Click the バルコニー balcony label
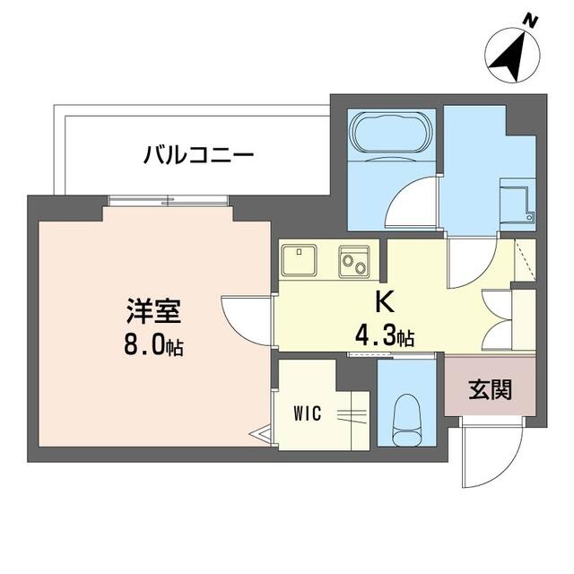coord(198,155)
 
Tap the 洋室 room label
coord(154,311)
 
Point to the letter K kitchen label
coord(386,302)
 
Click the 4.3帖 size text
coord(385,336)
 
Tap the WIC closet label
coord(308,413)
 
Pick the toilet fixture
coord(406,419)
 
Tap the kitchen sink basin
coord(299,259)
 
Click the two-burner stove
coord(354,261)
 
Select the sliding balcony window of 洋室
coord(169,201)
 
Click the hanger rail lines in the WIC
coord(352,415)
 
